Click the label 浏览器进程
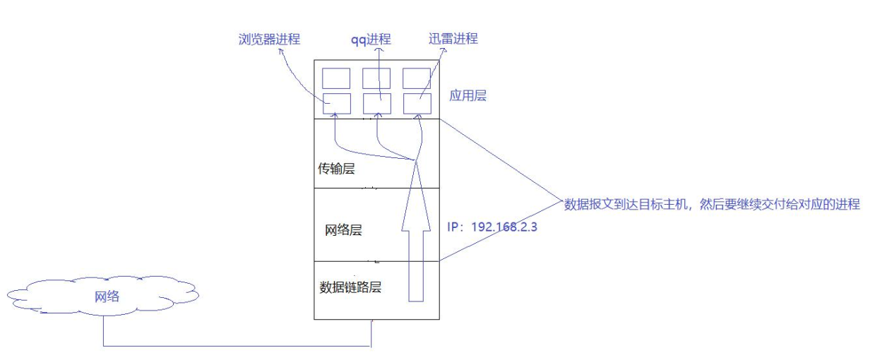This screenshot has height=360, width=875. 269,39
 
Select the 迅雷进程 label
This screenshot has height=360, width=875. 453,39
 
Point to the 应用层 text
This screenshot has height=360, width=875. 468,95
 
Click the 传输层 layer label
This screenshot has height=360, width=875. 337,169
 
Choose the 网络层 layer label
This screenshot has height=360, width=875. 343,230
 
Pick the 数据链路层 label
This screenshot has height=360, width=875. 350,287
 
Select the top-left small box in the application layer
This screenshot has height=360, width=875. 336,78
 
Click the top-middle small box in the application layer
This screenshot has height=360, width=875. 377,78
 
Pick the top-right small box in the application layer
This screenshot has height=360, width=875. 417,78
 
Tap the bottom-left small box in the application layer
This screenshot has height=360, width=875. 336,103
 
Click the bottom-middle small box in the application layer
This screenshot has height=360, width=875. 377,103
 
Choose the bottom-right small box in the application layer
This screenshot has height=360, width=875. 417,103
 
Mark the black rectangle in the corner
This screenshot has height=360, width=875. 742,334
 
